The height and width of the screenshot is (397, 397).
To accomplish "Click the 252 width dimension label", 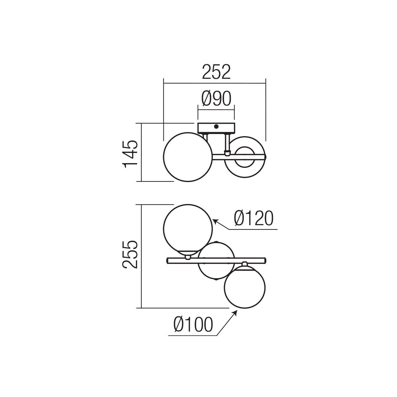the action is (x=216, y=72).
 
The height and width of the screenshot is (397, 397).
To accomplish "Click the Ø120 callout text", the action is (x=254, y=218).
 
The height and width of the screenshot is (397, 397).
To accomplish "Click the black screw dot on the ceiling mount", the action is (x=216, y=127).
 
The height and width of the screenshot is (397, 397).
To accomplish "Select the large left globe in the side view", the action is (x=188, y=157).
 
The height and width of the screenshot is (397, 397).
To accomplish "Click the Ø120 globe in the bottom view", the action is (x=188, y=229).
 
